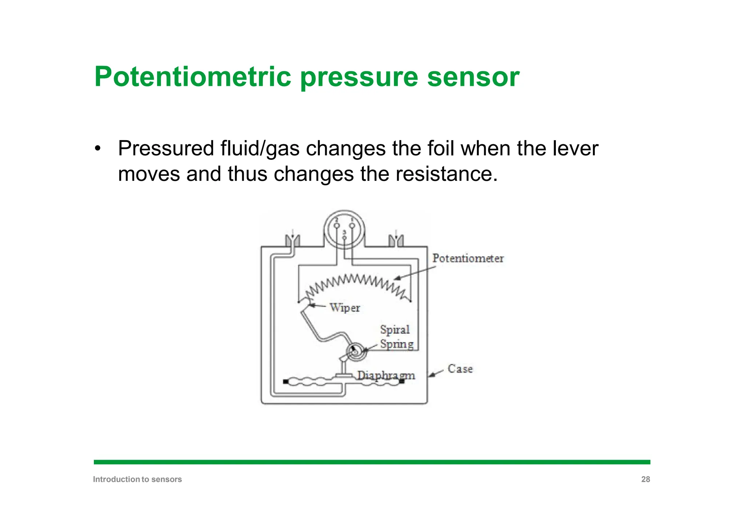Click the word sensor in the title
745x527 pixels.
point(473,77)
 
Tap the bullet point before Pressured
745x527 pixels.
point(97,149)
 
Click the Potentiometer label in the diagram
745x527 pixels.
point(468,258)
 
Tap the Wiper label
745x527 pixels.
point(345,308)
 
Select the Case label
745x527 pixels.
point(460,369)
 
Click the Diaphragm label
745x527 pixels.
point(386,375)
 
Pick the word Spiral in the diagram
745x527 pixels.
point(395,330)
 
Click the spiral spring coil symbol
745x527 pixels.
point(355,352)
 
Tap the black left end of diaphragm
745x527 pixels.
point(286,381)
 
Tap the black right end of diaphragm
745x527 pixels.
point(402,381)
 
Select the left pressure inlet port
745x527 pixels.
point(292,241)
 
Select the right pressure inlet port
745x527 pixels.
point(396,241)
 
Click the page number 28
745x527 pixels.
point(645,479)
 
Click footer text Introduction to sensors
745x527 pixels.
point(137,479)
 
